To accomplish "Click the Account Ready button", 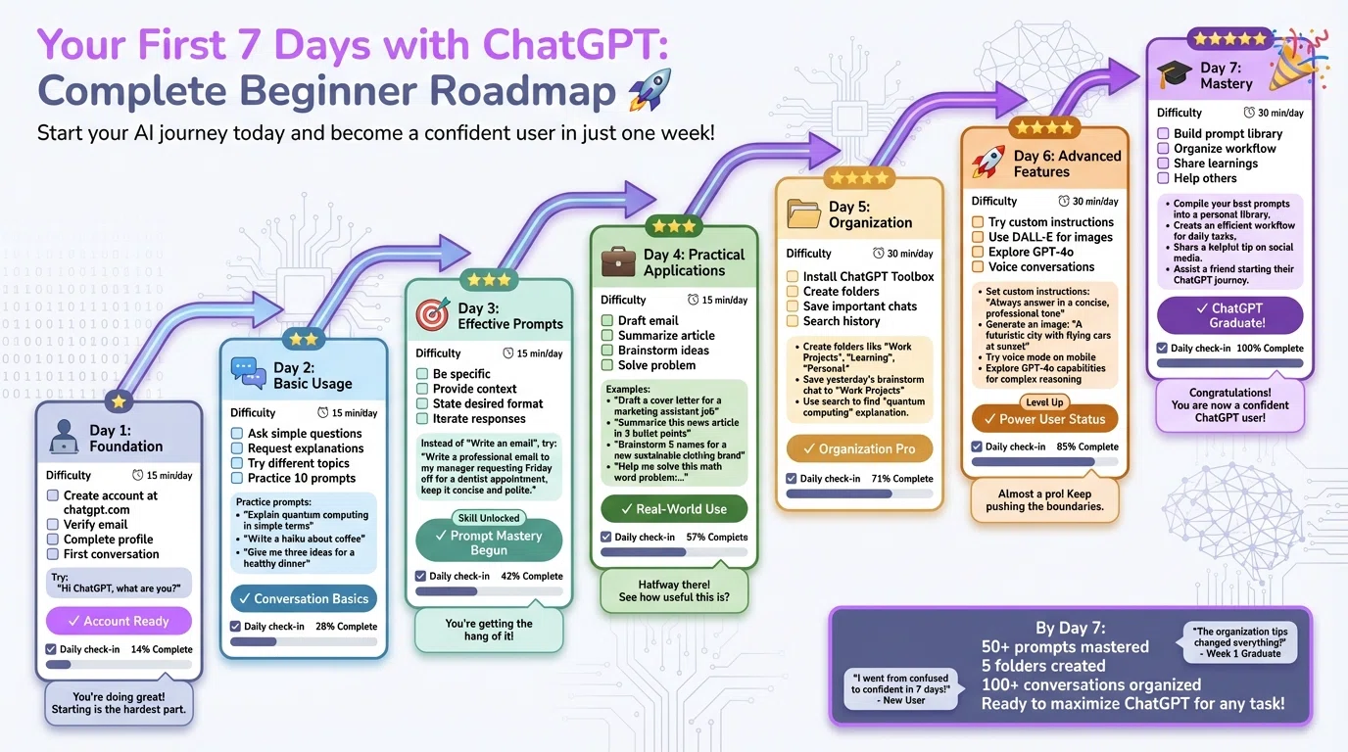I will pos(119,621).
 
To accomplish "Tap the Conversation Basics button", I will pos(304,598).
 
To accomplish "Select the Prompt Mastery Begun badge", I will pos(489,542).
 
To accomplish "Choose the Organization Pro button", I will pos(859,448).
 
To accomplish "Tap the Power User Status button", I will pos(1044,419).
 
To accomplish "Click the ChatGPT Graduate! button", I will pos(1229,315).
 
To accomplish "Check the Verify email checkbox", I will pos(53,525).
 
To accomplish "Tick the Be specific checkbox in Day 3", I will pos(422,374).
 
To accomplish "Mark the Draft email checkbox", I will pos(607,320).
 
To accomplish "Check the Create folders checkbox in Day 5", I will pos(793,292).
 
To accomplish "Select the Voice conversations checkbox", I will pos(978,266).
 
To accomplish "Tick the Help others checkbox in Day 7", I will pos(1164,178).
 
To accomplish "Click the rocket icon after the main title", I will pos(649,90).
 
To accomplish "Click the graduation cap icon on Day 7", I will pos(1174,75).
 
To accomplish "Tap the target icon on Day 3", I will pos(432,315).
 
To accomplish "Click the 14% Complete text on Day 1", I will pos(162,649).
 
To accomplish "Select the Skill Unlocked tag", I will pos(489,518).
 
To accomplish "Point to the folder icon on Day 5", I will pos(804,214).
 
